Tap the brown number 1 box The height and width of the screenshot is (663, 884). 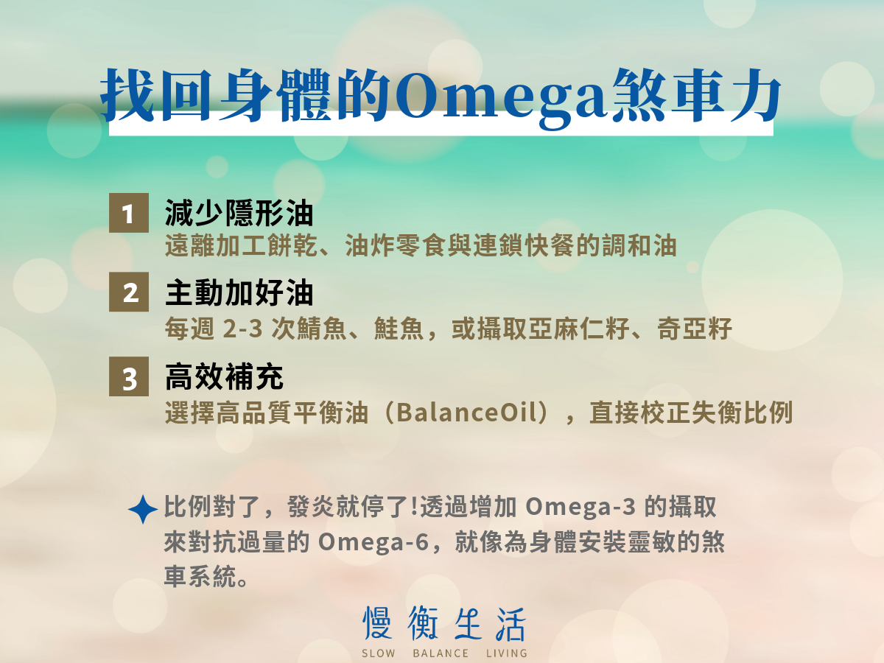point(129,213)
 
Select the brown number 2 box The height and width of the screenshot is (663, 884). point(129,292)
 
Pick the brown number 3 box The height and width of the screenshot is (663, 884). point(129,376)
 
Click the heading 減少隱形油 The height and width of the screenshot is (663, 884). point(239,213)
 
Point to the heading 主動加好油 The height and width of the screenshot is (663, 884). point(239,292)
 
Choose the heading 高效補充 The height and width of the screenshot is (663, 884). point(224,376)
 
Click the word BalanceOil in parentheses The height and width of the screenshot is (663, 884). point(467,413)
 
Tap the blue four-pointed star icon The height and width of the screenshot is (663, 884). point(143,509)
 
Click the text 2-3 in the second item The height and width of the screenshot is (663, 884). point(242,328)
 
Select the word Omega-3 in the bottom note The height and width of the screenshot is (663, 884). point(580,506)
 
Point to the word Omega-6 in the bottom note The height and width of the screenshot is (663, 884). point(373,542)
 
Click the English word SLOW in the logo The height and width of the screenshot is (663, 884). point(378,653)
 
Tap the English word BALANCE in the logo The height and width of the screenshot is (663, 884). point(441,653)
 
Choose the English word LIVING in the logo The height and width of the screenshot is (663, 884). point(507,653)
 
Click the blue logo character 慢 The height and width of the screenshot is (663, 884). point(377,622)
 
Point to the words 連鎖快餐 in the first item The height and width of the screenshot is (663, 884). point(524,245)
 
